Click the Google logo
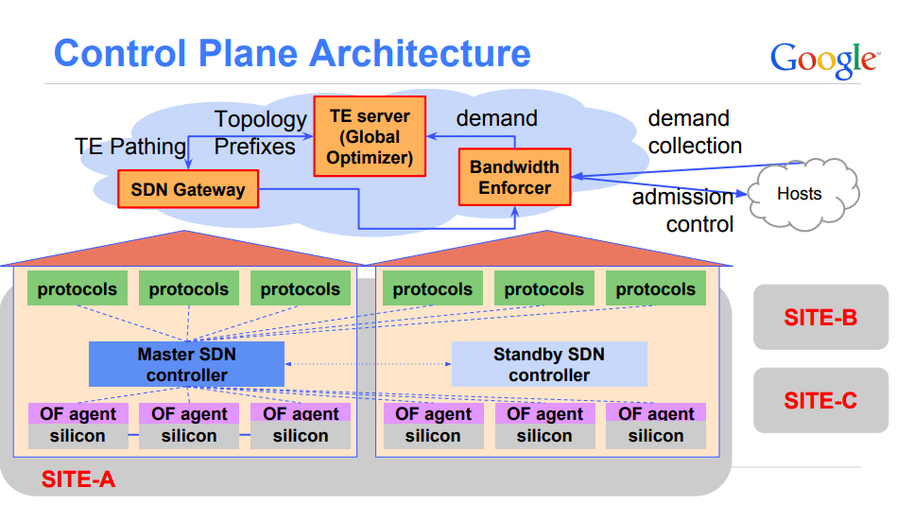[x=823, y=59]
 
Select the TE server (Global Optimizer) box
[x=370, y=137]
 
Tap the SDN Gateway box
[x=188, y=189]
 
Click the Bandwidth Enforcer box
[x=514, y=177]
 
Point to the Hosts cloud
[x=799, y=194]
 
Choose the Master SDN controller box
[x=186, y=364]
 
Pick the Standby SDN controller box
[x=548, y=364]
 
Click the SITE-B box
[x=820, y=317]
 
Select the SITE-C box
[x=820, y=400]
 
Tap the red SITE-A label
[x=78, y=479]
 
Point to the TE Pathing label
[x=130, y=147]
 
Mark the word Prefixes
[x=255, y=147]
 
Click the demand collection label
[x=695, y=132]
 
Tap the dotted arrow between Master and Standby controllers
[x=368, y=364]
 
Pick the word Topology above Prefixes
[x=260, y=120]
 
